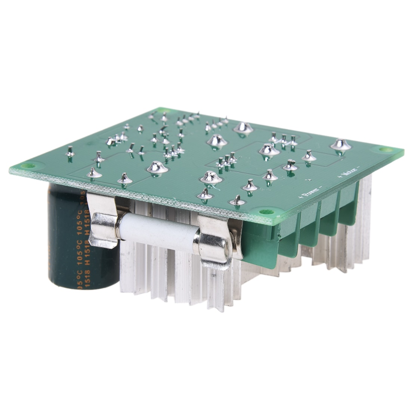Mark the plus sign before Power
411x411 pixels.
(x=299, y=197)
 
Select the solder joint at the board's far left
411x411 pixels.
(x=69, y=151)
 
